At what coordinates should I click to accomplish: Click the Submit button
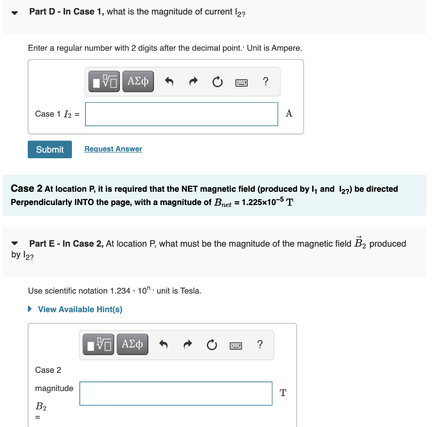coord(50,150)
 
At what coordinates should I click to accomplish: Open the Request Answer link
coord(113,149)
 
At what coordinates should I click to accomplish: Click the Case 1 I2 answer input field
coord(181,114)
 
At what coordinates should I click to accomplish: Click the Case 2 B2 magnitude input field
coord(176,393)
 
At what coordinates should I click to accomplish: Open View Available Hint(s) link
coord(80,310)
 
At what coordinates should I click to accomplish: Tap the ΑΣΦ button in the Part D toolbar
coord(138,81)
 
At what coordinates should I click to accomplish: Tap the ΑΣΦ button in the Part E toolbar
coord(132,345)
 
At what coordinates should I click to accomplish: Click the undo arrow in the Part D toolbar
coord(170,81)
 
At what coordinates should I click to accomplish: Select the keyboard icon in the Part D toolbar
coord(242,81)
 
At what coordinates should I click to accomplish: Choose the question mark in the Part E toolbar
coord(260,345)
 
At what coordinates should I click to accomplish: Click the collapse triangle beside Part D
coord(15,13)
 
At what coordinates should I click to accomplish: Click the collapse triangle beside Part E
coord(15,244)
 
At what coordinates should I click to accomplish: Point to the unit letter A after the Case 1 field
coord(289,114)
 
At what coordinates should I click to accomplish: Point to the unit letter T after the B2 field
coord(283,393)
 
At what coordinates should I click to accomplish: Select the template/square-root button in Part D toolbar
coord(104,81)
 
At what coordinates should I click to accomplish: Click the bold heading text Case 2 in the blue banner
coord(26,189)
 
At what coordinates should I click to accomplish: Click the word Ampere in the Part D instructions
coord(286,48)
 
